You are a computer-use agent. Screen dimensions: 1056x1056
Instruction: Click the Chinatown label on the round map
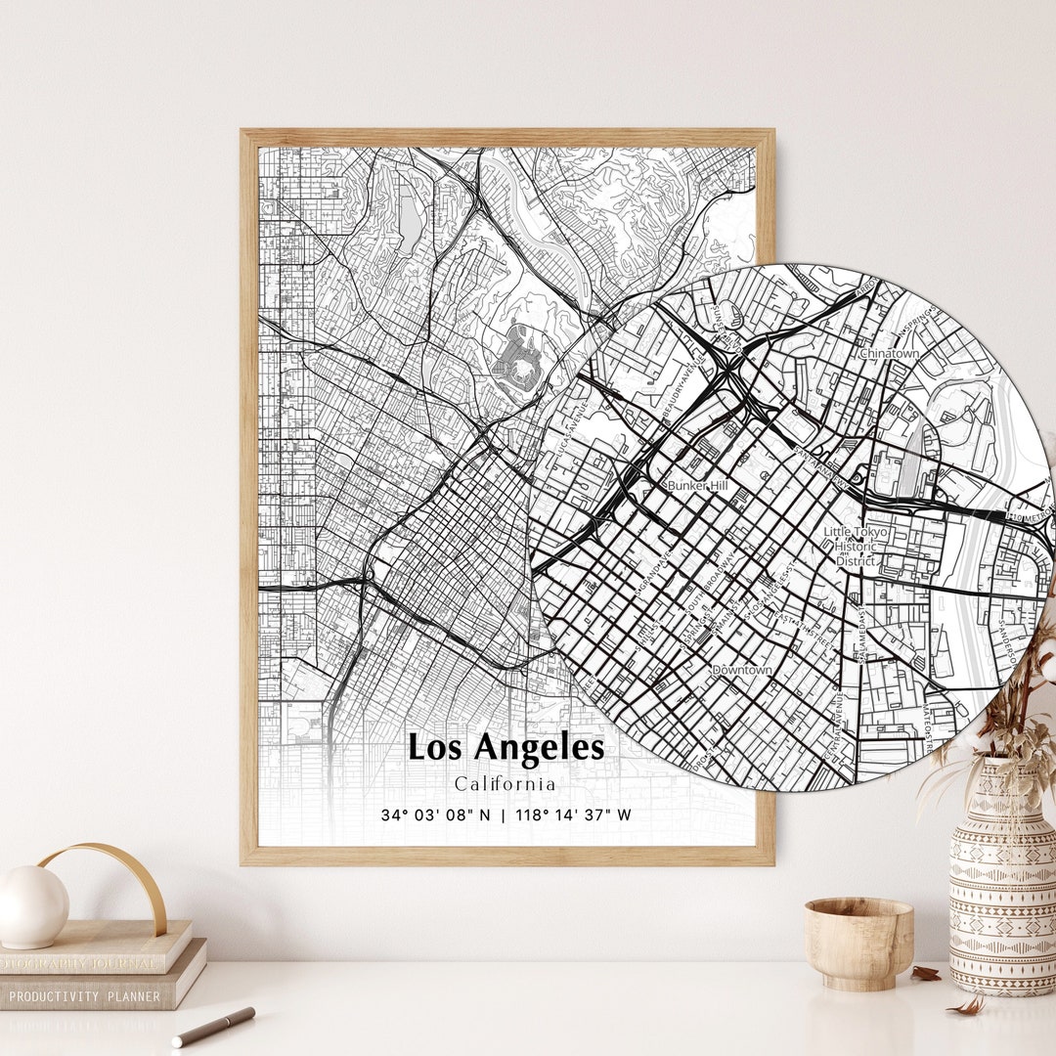(889, 353)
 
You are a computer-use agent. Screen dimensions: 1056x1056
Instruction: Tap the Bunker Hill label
(696, 485)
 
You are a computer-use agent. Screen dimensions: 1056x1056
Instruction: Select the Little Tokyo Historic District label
(856, 547)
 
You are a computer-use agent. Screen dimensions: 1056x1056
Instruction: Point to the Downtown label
(742, 670)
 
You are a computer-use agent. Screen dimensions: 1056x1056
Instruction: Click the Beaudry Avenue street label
(682, 391)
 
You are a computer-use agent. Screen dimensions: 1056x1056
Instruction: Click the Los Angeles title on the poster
(506, 748)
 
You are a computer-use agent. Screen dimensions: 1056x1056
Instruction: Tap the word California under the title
(506, 784)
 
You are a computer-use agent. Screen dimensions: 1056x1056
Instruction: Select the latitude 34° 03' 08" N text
(436, 814)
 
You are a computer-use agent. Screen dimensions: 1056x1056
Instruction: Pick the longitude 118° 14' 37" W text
(574, 814)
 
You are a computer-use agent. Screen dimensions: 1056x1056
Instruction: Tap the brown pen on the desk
(213, 1026)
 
